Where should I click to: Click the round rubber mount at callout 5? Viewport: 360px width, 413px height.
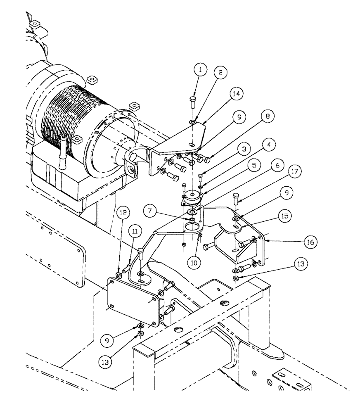click(192, 197)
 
